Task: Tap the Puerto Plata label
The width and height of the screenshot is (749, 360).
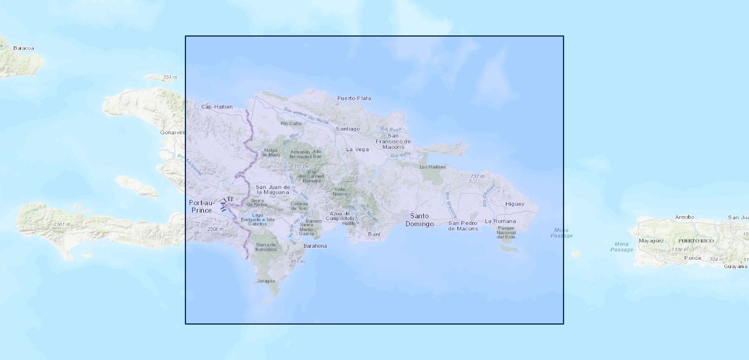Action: coord(354,98)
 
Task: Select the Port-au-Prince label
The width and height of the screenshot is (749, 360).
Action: coord(201,206)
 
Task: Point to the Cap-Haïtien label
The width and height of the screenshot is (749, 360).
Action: coord(217,107)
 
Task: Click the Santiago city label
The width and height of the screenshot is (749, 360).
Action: coord(348,128)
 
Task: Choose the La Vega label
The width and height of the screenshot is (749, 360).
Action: coord(358,149)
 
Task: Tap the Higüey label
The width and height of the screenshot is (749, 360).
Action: coord(515,203)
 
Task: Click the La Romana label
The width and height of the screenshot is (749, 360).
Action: coord(500,221)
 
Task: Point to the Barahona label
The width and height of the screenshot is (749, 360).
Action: coord(315,246)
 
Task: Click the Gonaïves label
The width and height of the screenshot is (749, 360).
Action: coord(172,132)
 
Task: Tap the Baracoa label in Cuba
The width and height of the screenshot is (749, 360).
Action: coord(23,48)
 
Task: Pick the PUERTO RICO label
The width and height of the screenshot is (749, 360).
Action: coord(697,241)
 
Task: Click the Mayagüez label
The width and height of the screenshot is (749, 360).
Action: coord(651,241)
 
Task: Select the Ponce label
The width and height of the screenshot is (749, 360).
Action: coord(693,258)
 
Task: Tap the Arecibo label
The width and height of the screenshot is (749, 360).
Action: coord(684,217)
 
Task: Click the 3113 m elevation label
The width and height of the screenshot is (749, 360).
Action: coord(301,166)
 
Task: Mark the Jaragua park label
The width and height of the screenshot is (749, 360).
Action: coord(265,280)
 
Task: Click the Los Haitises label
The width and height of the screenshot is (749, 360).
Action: coord(432,166)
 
